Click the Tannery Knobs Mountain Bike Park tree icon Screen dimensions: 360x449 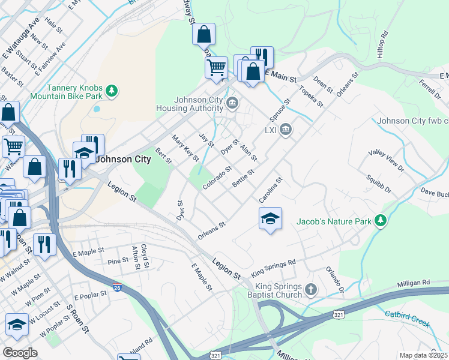click(111, 91)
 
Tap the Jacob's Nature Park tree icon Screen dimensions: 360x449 click(380, 221)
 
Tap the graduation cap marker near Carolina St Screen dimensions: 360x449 click(271, 218)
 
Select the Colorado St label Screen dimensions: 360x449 click(217, 178)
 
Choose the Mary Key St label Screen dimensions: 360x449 click(185, 148)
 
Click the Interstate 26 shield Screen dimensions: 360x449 click(118, 289)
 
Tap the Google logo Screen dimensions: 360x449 click(20, 353)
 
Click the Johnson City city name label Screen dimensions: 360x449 click(123, 160)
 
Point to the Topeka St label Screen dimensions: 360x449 click(312, 96)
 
